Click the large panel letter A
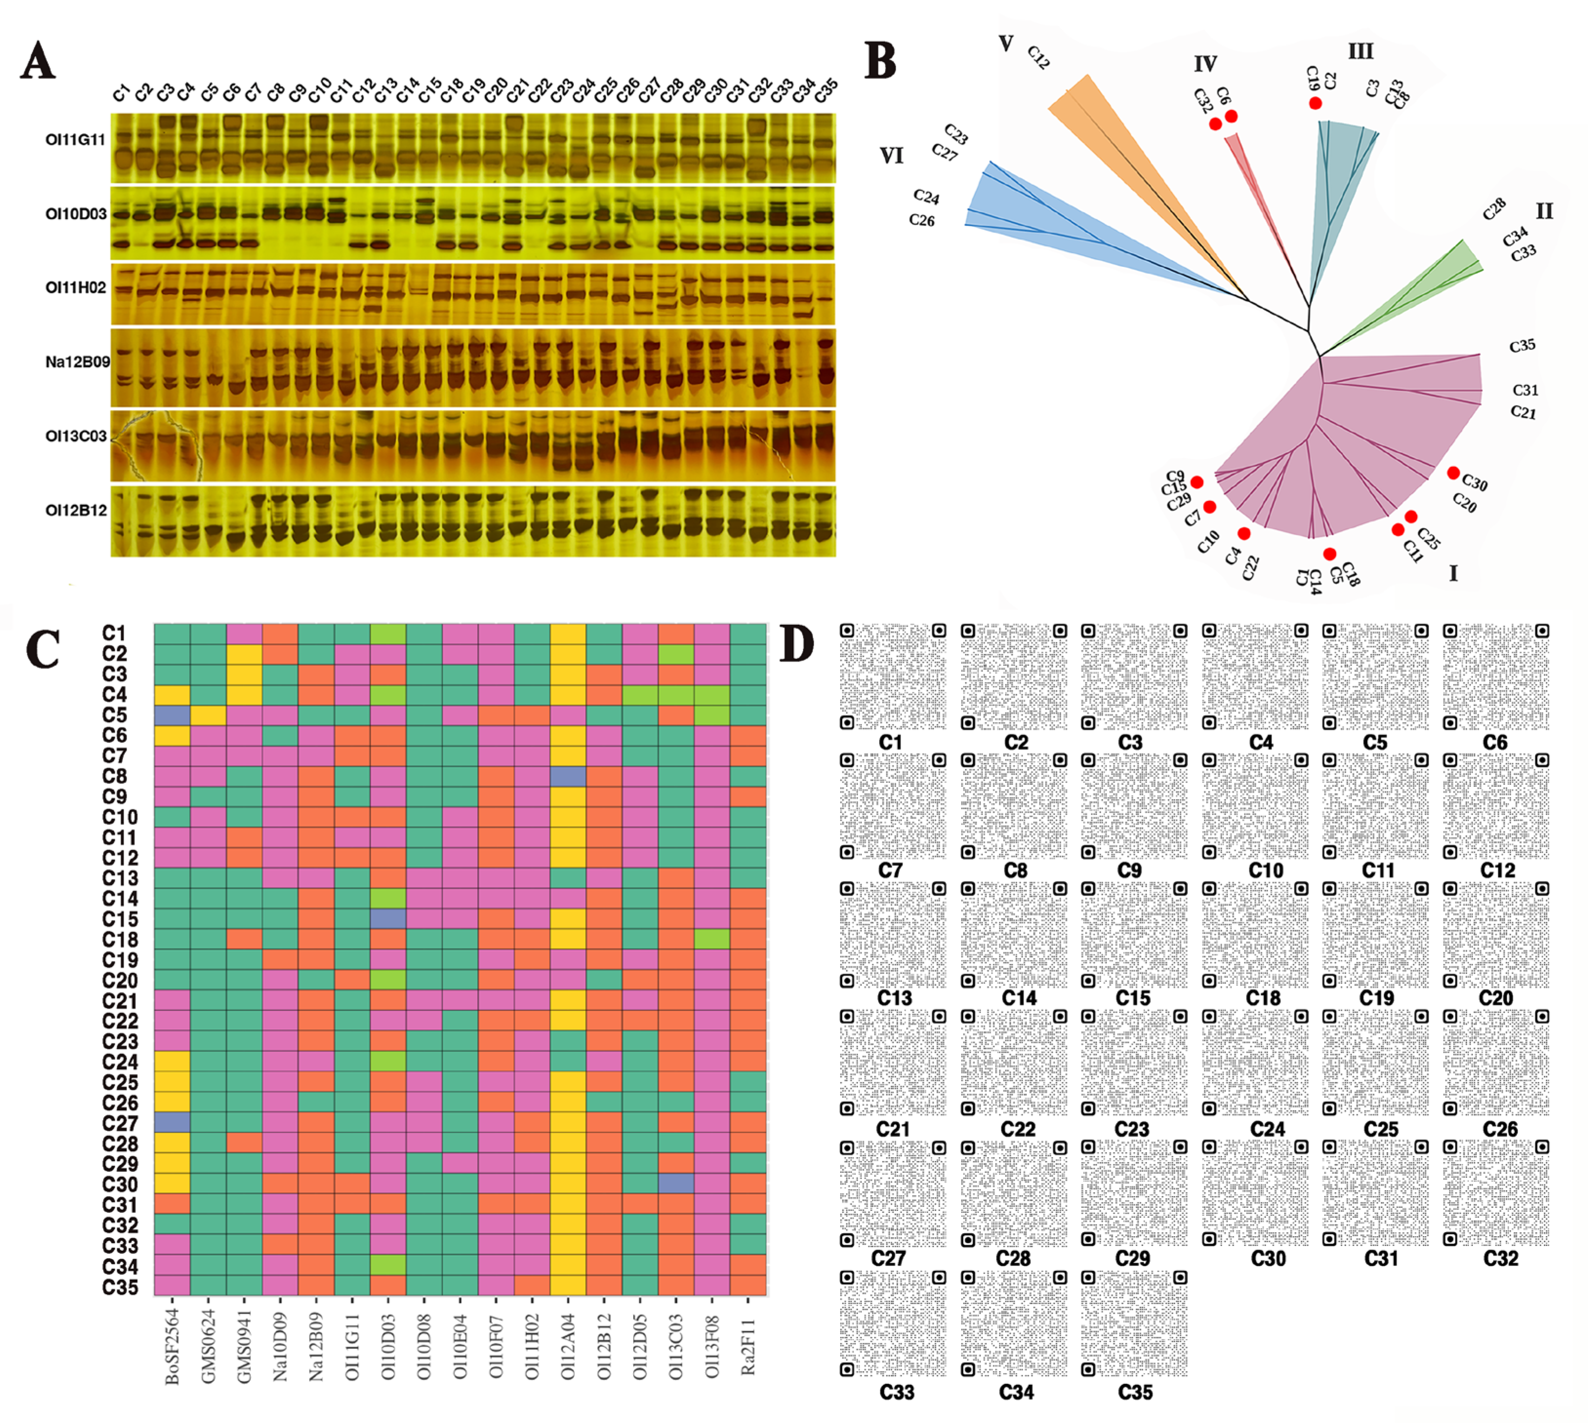(38, 61)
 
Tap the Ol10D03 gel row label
(76, 214)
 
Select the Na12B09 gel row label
(77, 362)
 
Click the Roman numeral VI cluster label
(891, 157)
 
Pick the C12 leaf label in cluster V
(1038, 57)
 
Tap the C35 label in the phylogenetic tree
(1522, 345)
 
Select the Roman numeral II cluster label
(1544, 211)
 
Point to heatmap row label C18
(121, 939)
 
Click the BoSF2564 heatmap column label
(173, 1345)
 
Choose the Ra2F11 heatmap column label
(748, 1345)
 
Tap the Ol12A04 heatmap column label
(568, 1345)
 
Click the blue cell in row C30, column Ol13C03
(676, 1184)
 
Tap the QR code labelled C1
(892, 676)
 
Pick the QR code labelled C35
(1134, 1323)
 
